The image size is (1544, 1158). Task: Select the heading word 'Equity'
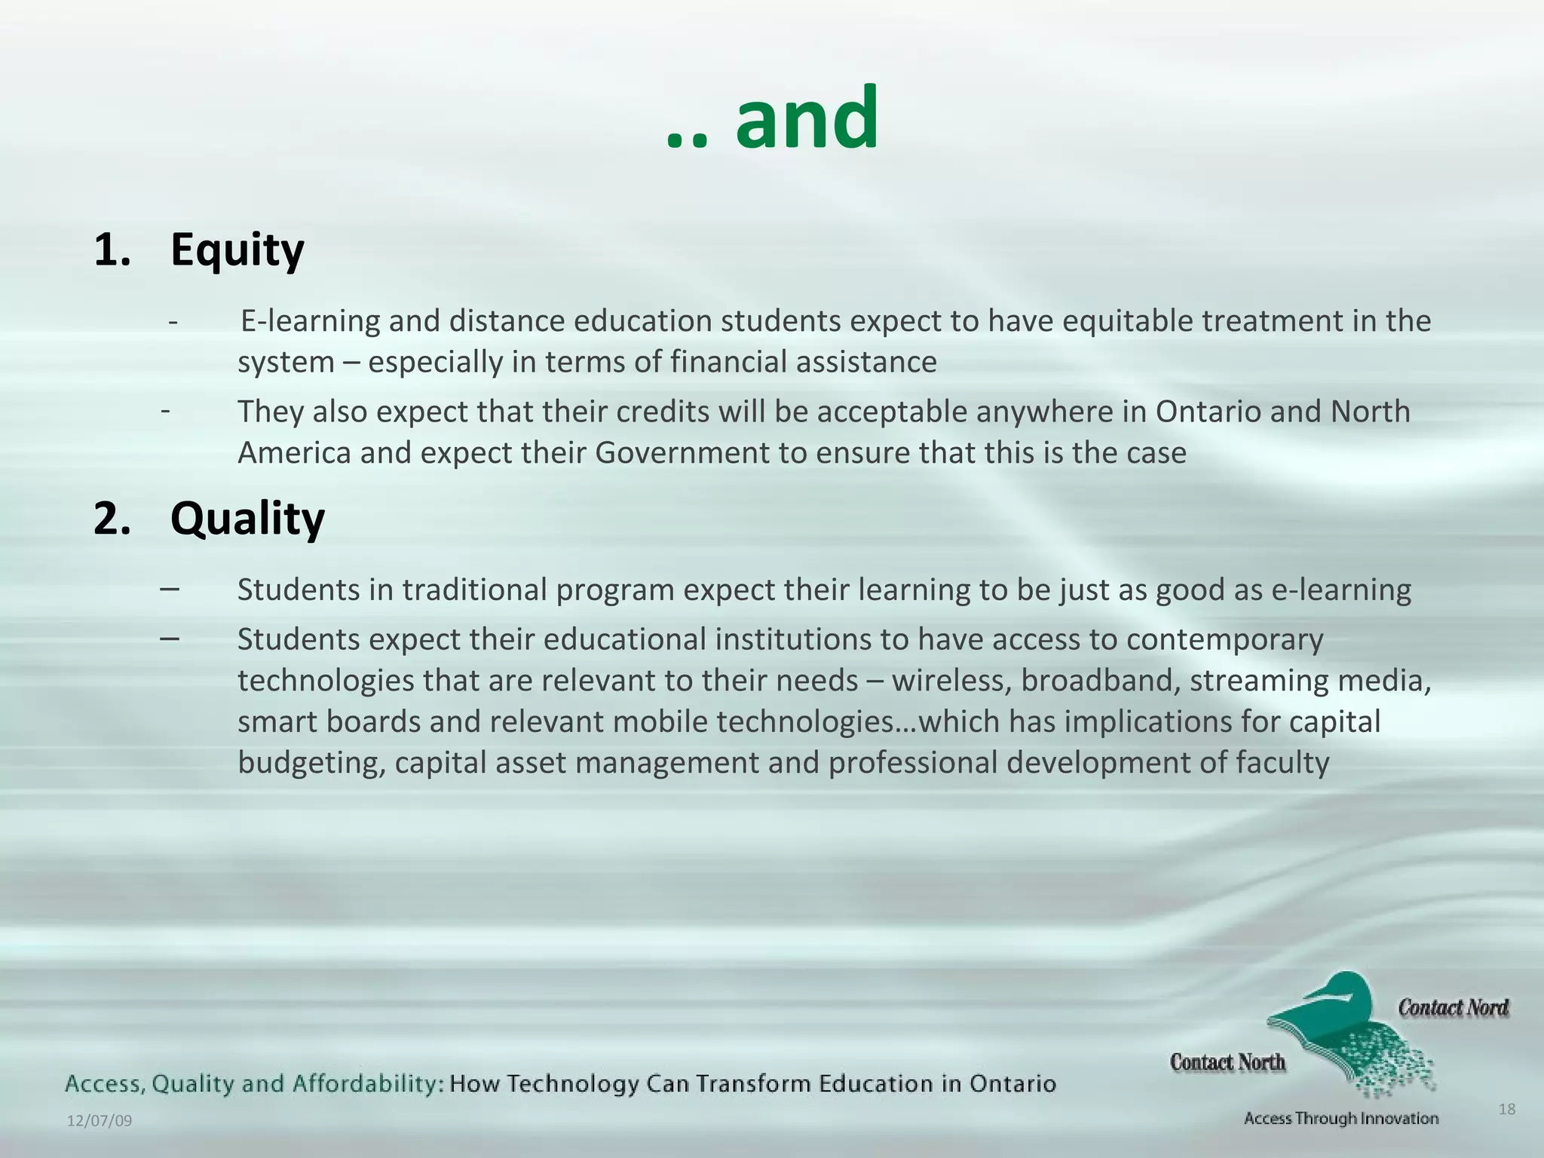(x=237, y=250)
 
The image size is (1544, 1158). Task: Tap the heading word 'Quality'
(x=247, y=519)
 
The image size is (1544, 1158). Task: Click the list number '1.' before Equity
(x=112, y=250)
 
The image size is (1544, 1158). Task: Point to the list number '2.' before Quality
(x=112, y=519)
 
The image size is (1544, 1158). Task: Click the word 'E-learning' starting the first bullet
(x=310, y=321)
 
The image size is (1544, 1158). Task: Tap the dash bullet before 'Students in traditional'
(x=170, y=588)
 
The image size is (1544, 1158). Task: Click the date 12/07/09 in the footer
(x=100, y=1121)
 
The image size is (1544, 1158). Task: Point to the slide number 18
(x=1506, y=1109)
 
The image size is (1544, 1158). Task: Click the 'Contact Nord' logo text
(x=1453, y=1008)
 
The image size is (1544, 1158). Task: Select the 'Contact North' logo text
(x=1227, y=1063)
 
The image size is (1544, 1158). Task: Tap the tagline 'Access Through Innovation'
(x=1341, y=1119)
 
